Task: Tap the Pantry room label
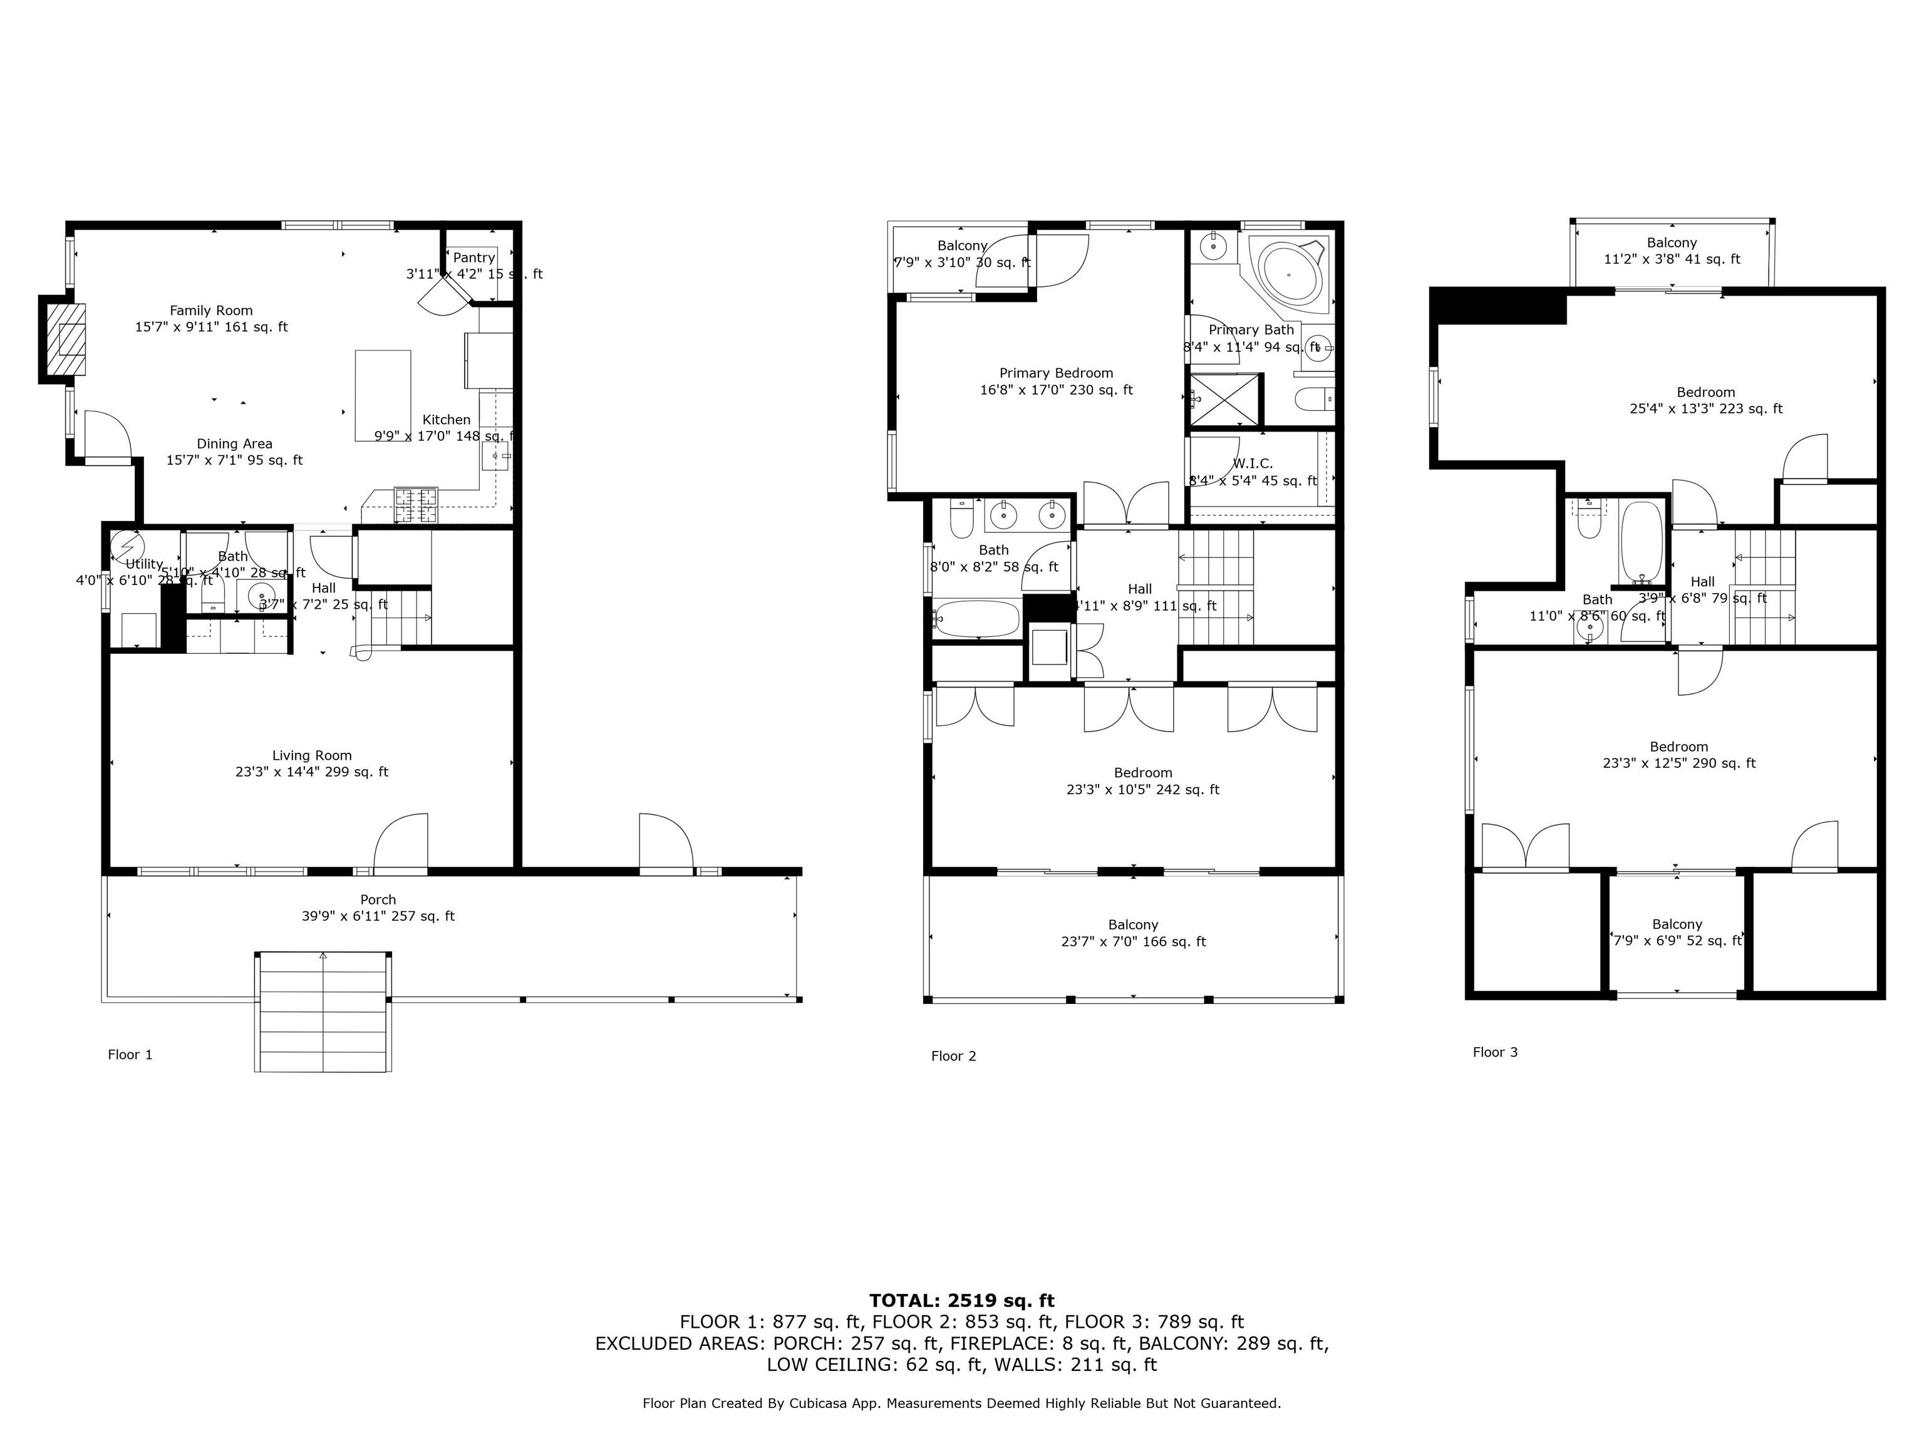point(473,257)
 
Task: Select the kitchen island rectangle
point(383,396)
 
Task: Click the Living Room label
point(311,755)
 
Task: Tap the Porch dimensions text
point(378,916)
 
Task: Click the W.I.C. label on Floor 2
point(1253,463)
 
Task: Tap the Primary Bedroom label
point(1056,373)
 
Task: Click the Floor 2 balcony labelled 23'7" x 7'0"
point(1134,933)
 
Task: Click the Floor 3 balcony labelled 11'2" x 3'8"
point(1672,251)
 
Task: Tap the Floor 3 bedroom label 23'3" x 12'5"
point(1678,755)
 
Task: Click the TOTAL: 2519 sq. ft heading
point(961,1300)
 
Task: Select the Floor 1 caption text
point(130,1054)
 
